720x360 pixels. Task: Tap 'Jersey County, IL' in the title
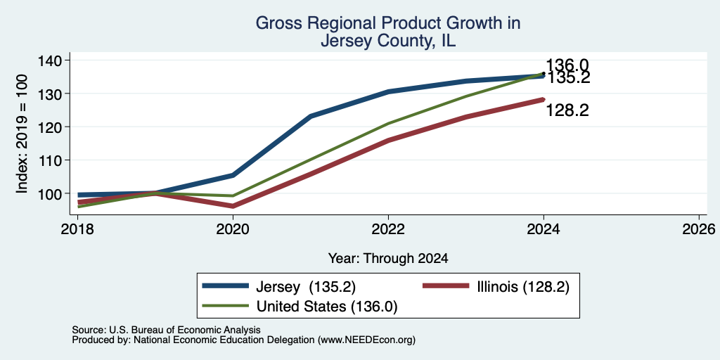point(388,41)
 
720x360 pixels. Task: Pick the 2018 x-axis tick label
point(78,229)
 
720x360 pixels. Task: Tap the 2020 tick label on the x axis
point(233,229)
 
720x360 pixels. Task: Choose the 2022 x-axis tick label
point(388,229)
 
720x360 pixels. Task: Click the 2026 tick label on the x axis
point(699,229)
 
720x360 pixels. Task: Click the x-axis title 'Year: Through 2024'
point(388,259)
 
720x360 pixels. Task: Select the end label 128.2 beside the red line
point(567,110)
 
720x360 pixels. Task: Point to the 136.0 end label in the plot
point(567,65)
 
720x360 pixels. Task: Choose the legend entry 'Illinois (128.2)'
point(496,287)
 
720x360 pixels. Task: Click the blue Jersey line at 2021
point(311,116)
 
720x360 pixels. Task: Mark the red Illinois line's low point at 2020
point(233,206)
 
